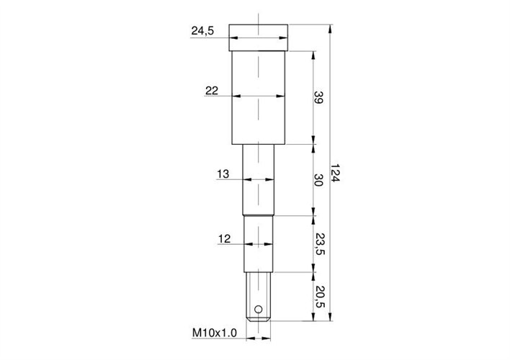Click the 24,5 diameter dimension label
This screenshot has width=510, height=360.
(x=202, y=31)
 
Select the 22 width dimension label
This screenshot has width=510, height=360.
(x=211, y=91)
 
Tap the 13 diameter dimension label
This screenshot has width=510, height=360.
(x=223, y=174)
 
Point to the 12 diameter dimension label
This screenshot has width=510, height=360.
(x=225, y=239)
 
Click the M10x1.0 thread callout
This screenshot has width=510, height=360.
(x=215, y=333)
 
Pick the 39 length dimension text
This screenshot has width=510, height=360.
(x=318, y=97)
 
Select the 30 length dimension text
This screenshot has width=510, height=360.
(x=318, y=180)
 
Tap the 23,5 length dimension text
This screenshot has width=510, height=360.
(x=319, y=243)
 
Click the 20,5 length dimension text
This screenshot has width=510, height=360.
(x=319, y=296)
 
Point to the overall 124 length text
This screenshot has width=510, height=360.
(x=335, y=173)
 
